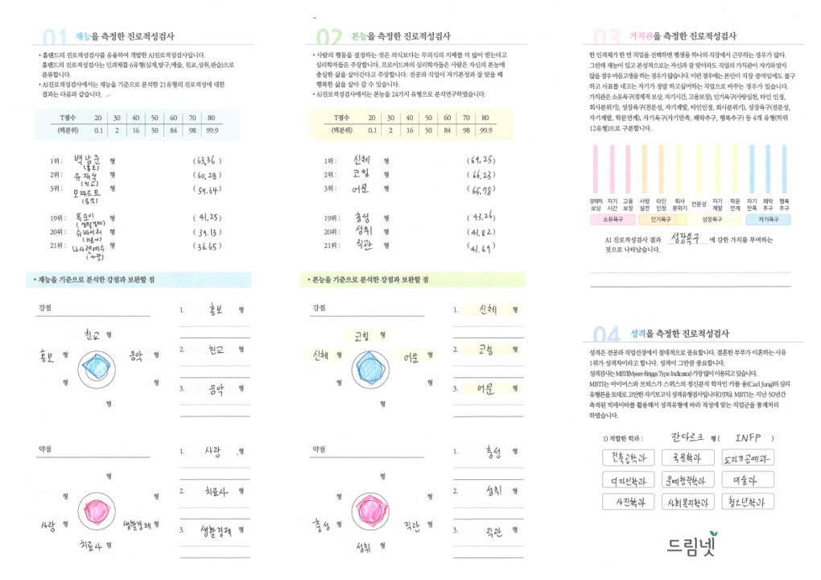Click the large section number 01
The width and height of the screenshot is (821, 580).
[x=53, y=37]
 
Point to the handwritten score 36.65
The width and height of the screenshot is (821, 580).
[x=208, y=246]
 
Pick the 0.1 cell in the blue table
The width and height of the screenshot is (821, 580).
[x=98, y=130]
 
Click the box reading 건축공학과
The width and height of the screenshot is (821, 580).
[x=630, y=458]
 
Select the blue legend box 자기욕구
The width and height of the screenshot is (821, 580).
[x=769, y=218]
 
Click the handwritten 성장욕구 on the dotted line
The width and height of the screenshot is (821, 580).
[x=685, y=238]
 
